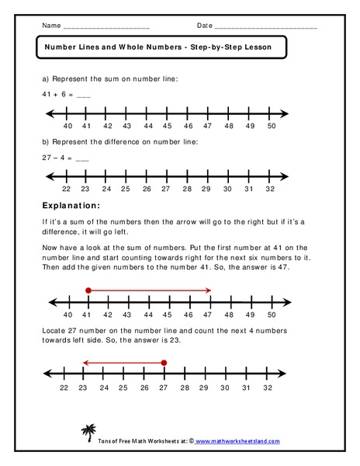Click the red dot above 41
[x=88, y=290]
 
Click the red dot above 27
[x=164, y=362]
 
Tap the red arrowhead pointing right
[x=209, y=290]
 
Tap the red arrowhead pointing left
[x=85, y=362]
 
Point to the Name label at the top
[x=50, y=26]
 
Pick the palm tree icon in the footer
[x=88, y=433]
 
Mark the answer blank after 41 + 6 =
[x=84, y=95]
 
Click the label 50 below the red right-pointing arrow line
[x=271, y=315]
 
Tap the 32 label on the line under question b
[x=268, y=189]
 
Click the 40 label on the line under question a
[x=67, y=125]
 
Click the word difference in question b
[x=118, y=141]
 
